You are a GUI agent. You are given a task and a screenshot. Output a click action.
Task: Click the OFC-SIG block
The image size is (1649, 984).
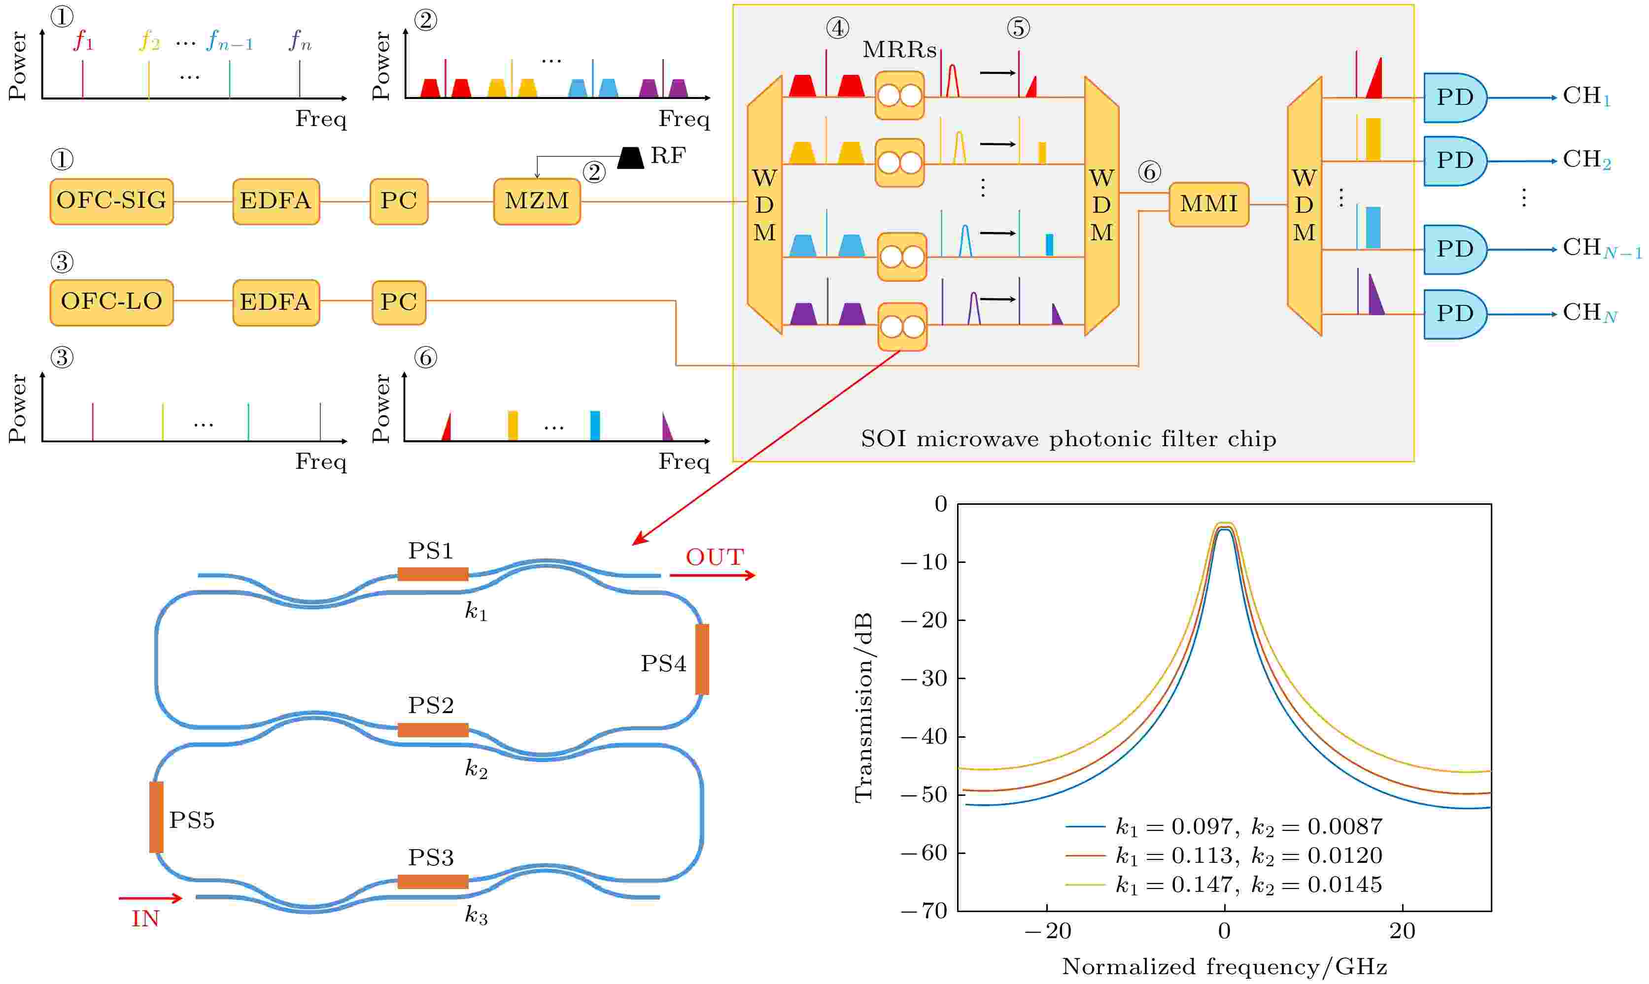(x=111, y=201)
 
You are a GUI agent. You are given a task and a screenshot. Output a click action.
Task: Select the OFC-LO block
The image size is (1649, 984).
(x=111, y=302)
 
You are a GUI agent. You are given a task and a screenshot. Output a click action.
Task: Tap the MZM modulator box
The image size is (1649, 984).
(x=537, y=201)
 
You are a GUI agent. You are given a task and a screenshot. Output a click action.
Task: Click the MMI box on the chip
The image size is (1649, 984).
(x=1208, y=204)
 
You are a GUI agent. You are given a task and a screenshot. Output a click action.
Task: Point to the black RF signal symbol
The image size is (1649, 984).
(x=630, y=158)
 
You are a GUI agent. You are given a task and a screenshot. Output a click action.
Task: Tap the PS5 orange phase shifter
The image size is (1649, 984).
(x=157, y=817)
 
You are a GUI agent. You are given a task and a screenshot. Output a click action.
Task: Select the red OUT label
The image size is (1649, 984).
(x=715, y=558)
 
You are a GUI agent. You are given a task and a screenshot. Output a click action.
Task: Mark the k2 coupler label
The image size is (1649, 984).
(x=476, y=769)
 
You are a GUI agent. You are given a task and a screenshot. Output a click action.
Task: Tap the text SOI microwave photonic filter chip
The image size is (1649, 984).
(x=1068, y=439)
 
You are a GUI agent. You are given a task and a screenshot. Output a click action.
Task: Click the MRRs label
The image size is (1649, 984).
(x=899, y=50)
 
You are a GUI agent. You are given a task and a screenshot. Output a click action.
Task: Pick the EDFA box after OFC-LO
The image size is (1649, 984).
(x=276, y=302)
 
